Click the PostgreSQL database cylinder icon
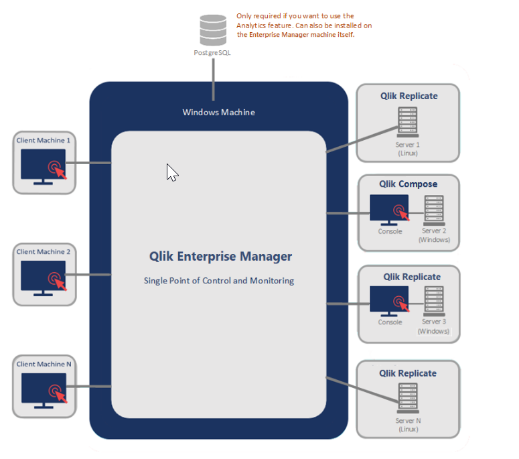pos(213,31)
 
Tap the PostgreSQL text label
pos(212,52)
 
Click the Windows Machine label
pos(218,112)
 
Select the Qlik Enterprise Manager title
pos(220,257)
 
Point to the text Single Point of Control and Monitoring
pos(218,281)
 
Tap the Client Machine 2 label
pos(44,252)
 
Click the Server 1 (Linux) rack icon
pos(407,121)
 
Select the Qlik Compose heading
pos(408,184)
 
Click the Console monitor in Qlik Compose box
pos(389,210)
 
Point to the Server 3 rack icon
pos(434,301)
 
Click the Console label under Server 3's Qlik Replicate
pos(390,322)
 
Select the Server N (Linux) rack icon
pos(408,398)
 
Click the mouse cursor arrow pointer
pos(171,172)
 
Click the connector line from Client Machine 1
pos(93,163)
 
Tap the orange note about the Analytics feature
pos(304,25)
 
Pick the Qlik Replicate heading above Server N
pos(408,373)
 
